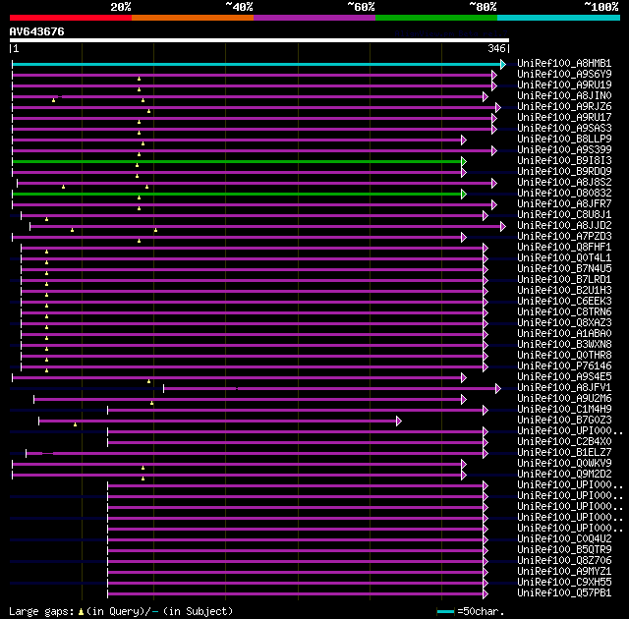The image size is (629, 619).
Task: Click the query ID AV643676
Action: click(37, 31)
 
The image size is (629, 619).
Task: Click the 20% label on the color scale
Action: click(120, 6)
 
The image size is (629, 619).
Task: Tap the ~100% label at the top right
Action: click(600, 6)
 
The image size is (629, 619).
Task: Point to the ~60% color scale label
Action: click(361, 6)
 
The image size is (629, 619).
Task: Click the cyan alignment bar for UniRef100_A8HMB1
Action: click(256, 64)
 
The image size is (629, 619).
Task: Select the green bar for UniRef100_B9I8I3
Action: click(236, 161)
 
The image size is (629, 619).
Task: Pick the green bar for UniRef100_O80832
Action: click(236, 194)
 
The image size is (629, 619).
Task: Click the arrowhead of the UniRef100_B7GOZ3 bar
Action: click(399, 421)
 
